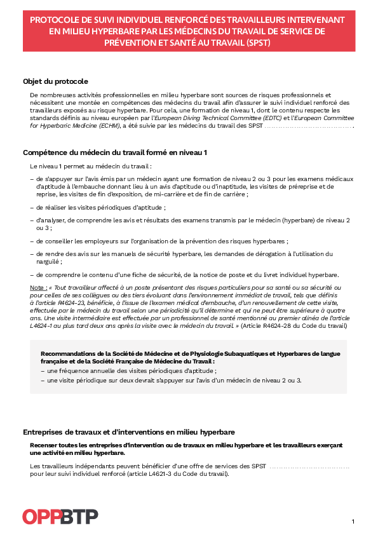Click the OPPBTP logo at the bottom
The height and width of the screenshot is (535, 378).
60,517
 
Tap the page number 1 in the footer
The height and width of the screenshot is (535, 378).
353,522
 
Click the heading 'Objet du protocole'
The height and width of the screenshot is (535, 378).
55,81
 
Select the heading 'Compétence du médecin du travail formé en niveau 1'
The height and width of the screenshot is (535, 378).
115,152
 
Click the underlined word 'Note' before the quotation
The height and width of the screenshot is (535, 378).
37,287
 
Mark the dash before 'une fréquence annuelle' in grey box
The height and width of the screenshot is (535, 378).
43,370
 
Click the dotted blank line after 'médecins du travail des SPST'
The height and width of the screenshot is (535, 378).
308,126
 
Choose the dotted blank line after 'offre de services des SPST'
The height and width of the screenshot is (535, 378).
309,466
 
